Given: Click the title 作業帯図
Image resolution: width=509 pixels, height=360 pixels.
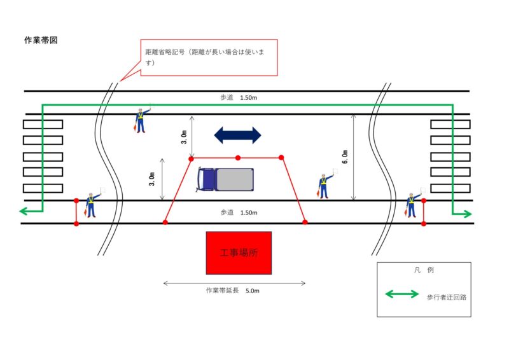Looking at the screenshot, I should click(x=41, y=40).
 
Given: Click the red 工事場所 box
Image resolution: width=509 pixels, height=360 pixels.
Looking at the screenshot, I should click(x=239, y=253).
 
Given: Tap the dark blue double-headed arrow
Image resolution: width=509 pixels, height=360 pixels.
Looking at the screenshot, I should click(x=237, y=135).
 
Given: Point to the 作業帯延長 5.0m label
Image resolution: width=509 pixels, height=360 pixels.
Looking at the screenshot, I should click(x=232, y=291).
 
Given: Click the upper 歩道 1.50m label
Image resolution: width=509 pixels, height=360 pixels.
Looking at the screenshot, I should click(x=239, y=97).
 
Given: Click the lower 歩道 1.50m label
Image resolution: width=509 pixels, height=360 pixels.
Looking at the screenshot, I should click(x=239, y=212).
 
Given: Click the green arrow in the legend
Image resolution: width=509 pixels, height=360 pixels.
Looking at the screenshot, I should click(x=402, y=294).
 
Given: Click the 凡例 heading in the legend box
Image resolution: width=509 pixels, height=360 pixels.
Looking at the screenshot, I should click(x=423, y=270).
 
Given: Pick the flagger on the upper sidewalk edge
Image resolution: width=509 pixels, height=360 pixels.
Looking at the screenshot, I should click(x=141, y=119).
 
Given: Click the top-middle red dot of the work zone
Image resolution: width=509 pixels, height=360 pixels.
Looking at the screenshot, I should click(x=237, y=157).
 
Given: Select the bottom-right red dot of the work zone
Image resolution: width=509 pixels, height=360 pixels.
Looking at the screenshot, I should click(x=305, y=222).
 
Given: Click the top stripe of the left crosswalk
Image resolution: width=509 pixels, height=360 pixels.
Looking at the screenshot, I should click(x=43, y=123).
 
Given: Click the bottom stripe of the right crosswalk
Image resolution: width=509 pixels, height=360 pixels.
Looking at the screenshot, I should click(x=450, y=188).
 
